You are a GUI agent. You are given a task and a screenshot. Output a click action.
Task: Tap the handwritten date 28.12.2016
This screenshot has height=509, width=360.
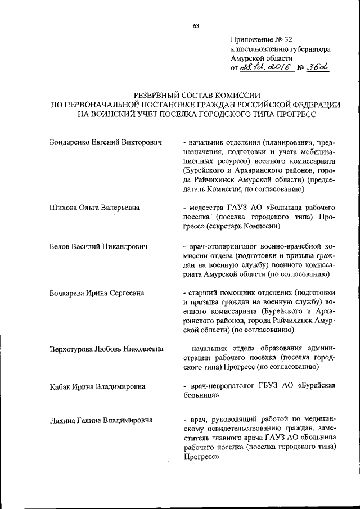264,67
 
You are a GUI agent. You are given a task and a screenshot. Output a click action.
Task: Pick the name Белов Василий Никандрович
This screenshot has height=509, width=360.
98,247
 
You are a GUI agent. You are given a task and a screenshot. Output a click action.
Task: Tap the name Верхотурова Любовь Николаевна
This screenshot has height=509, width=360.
107,349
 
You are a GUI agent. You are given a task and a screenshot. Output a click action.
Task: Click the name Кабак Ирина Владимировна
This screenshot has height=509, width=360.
97,386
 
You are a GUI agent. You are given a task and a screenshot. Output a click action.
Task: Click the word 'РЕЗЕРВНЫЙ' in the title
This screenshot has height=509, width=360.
158,96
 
